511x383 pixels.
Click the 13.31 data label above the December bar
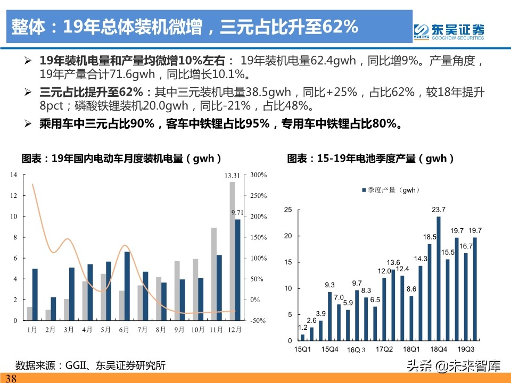coord(232,176)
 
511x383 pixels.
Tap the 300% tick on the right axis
coord(258,175)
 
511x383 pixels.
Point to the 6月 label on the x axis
coord(124,330)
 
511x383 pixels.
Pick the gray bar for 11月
coord(213,274)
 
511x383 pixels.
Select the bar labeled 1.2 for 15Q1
coord(302,337)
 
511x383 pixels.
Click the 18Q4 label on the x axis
coord(438,349)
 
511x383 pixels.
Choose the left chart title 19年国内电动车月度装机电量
coord(121,159)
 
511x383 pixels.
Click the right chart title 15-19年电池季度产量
coord(371,159)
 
